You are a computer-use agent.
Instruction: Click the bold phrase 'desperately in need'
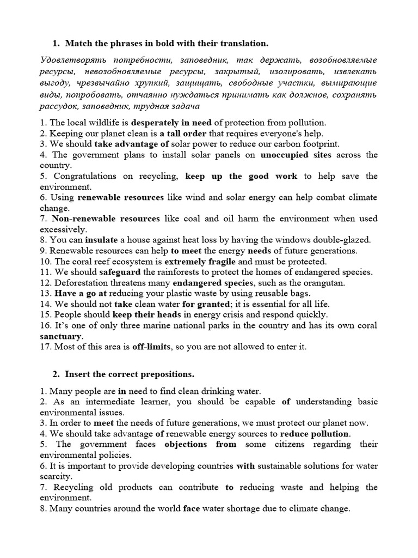pos(171,123)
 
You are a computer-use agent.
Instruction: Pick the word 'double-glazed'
pos(344,240)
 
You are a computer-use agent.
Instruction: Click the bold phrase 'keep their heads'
pos(144,314)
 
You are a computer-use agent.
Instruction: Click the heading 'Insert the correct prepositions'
pos(130,374)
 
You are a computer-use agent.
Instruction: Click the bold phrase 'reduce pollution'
pos(315,434)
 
